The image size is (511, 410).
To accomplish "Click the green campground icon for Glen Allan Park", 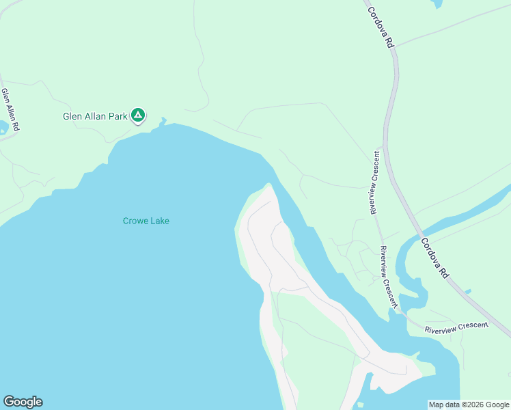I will point(138,115).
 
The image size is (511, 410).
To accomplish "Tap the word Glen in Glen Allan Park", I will point(72,116).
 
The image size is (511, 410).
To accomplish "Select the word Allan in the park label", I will point(96,116).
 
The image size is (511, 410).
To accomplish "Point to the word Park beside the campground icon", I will point(119,116).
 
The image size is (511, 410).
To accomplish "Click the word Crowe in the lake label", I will point(135,221).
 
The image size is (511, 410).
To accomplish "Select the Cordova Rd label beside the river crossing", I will point(434,257).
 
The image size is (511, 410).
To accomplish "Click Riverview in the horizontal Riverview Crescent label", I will point(443,329).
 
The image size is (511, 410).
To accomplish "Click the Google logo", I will point(23,402).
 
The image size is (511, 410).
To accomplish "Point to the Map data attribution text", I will point(469,405).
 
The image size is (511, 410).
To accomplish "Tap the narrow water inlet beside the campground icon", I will point(163,122).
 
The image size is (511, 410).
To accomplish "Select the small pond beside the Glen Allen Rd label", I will point(3,127).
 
